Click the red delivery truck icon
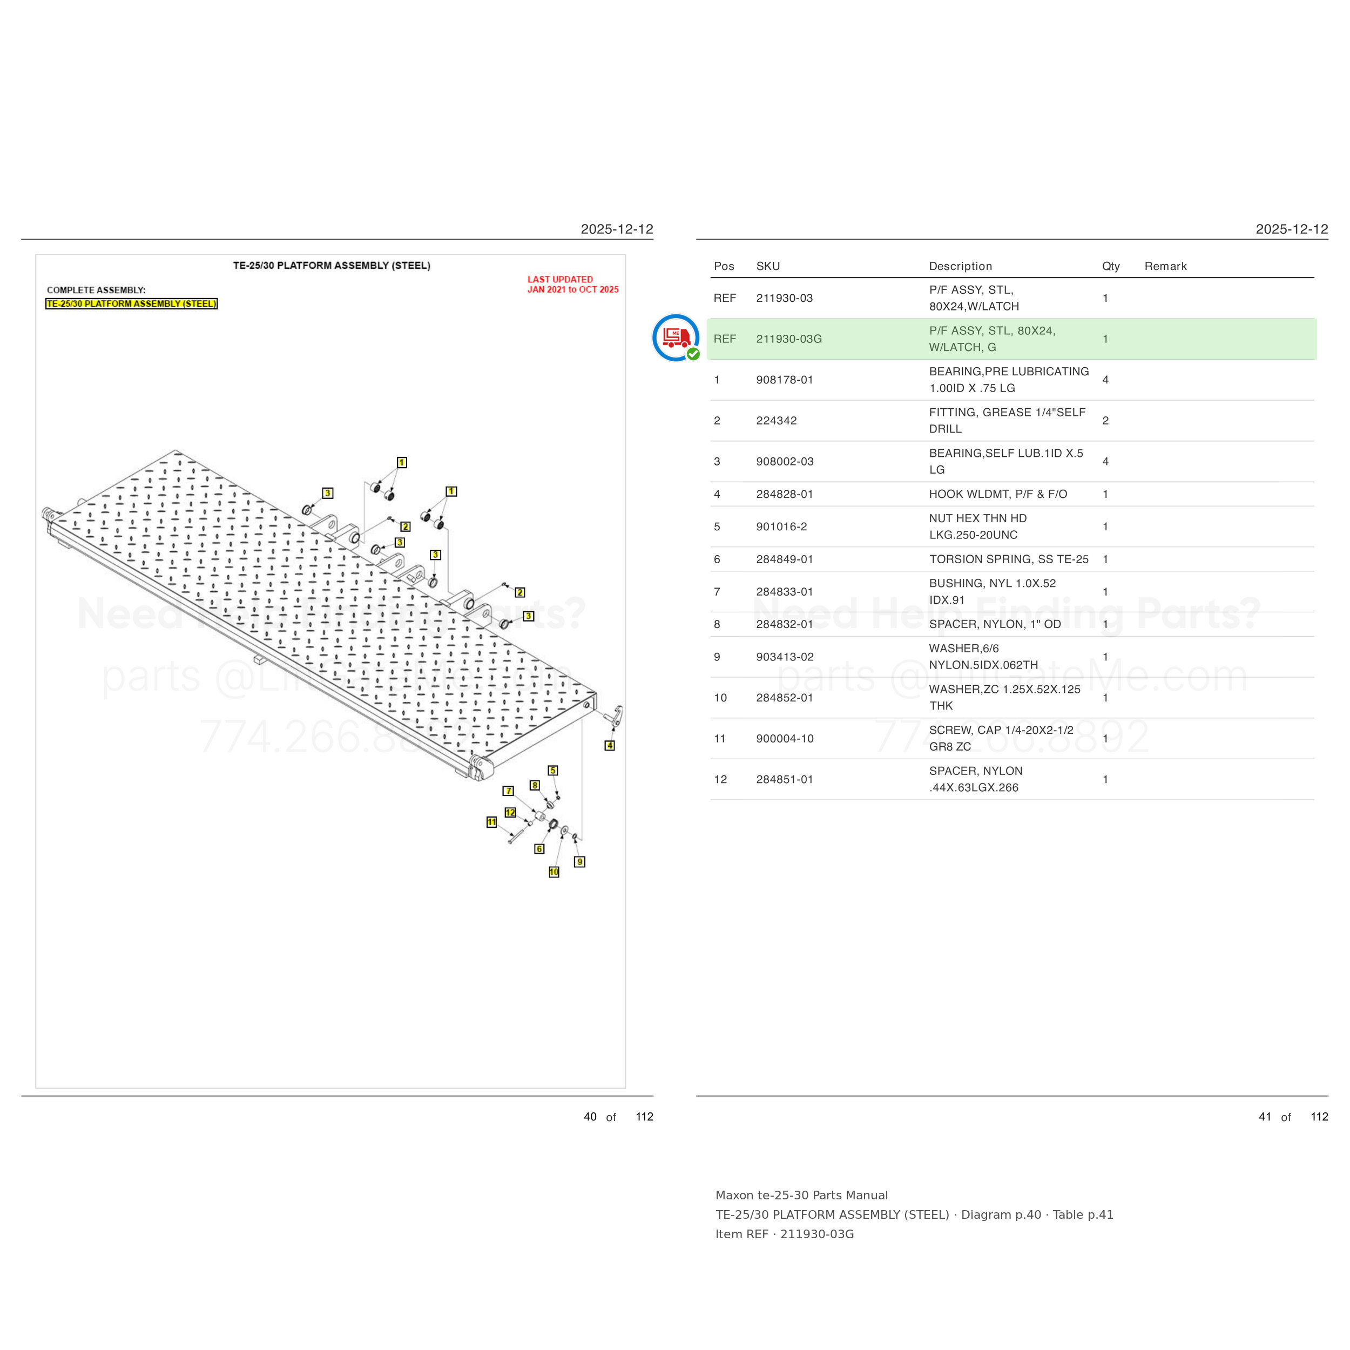tap(676, 338)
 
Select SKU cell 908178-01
tap(785, 380)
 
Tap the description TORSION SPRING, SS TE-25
tap(1008, 559)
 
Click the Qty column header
tap(1111, 266)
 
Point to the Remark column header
tap(1165, 266)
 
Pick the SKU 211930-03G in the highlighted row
tap(789, 339)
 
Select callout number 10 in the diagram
tap(554, 872)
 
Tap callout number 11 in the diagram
tap(492, 822)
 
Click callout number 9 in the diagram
tap(579, 861)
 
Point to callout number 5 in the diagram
tap(553, 771)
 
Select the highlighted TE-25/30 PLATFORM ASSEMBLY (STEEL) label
tap(131, 304)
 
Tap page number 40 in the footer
tap(590, 1117)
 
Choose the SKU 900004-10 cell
tap(785, 739)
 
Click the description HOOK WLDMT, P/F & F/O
tap(998, 494)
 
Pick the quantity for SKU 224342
tap(1105, 421)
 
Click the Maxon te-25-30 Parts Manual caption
tap(801, 1196)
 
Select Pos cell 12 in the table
tap(720, 779)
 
